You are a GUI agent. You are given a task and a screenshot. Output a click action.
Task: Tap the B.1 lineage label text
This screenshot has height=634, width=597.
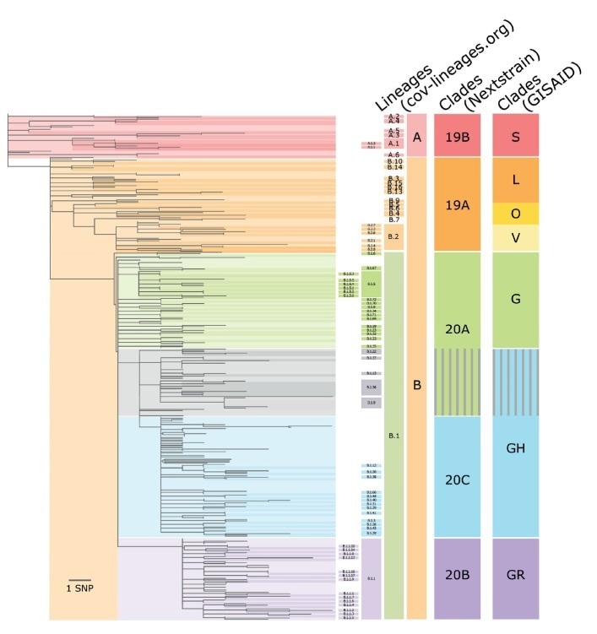tap(393, 436)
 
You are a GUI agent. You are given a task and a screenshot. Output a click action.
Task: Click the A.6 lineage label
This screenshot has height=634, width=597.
tap(393, 155)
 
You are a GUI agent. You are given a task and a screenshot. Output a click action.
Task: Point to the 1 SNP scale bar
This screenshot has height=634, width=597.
tap(79, 579)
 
